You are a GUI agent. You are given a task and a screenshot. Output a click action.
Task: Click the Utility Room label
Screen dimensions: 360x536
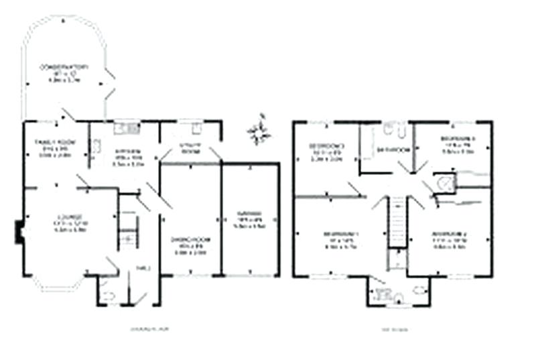click(192, 149)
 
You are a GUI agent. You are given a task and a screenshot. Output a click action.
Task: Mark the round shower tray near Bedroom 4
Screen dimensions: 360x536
click(444, 181)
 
